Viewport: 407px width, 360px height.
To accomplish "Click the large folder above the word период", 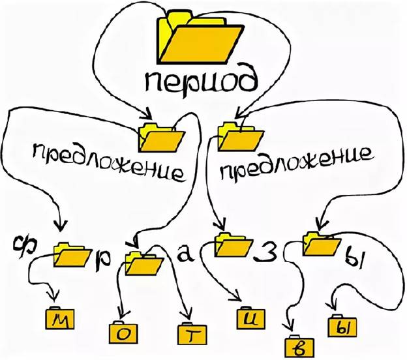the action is click(200, 37).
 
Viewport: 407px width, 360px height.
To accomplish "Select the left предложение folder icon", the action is click(161, 138).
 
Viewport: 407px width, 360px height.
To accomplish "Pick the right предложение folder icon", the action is click(240, 137).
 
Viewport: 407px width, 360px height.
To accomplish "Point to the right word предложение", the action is click(297, 163).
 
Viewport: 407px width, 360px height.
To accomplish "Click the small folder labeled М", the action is click(60, 318).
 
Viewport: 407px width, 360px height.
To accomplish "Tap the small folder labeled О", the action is click(123, 332).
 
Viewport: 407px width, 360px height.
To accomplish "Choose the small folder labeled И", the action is click(250, 318).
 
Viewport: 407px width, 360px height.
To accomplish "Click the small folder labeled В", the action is click(299, 346).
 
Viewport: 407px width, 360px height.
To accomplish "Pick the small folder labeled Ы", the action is click(342, 325).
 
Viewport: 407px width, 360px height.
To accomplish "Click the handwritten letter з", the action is click(267, 251).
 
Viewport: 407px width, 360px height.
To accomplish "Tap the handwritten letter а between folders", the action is click(185, 252).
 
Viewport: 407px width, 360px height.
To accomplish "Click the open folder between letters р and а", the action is click(144, 263).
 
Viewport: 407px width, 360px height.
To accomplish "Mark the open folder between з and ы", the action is click(322, 243).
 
